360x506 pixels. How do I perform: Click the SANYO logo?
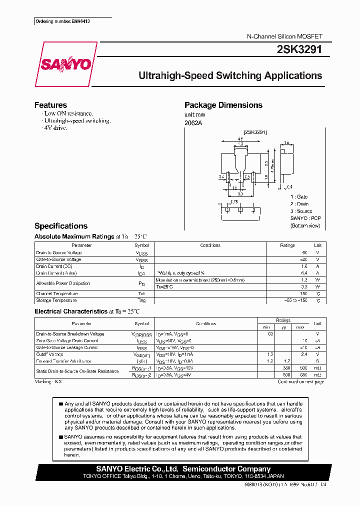coord(65,64)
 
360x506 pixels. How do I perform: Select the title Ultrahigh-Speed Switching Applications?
coord(230,76)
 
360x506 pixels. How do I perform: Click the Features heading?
coord(50,105)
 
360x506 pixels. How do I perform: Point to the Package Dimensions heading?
coord(223,105)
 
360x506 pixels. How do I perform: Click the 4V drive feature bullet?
coord(55,128)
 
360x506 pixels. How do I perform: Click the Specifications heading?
coord(60,226)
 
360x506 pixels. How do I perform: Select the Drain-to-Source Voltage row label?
coord(59,252)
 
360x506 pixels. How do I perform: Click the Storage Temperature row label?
coord(56,300)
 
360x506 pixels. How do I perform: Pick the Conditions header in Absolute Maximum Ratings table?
coord(210,245)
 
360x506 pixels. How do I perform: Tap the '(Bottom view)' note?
coord(305,226)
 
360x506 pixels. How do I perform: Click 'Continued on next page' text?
coord(300,381)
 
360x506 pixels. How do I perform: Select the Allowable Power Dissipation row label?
coord(63,283)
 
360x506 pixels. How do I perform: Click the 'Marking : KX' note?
coord(48,381)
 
